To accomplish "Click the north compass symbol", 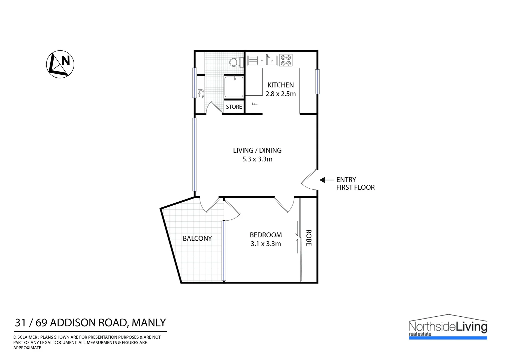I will point(60,64).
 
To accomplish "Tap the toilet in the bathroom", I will point(236,62).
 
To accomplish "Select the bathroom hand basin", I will point(201,94).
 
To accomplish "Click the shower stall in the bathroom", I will point(234,87).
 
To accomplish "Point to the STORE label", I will point(234,107).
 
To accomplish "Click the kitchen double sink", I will point(262,60).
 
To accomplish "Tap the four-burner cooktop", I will point(286,60).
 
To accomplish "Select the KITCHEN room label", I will point(280,85).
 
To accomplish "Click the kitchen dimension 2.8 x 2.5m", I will point(280,94).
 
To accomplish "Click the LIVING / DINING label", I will point(257,150).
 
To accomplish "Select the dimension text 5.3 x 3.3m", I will point(257,159).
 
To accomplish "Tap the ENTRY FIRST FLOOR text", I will point(355,184).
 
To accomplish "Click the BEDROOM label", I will point(265,235).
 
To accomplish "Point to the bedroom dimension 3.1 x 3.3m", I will point(265,244).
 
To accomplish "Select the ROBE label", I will point(308,238).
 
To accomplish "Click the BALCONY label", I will point(197,238).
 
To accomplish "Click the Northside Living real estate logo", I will point(448,327).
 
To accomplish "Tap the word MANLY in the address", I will point(149,323).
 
